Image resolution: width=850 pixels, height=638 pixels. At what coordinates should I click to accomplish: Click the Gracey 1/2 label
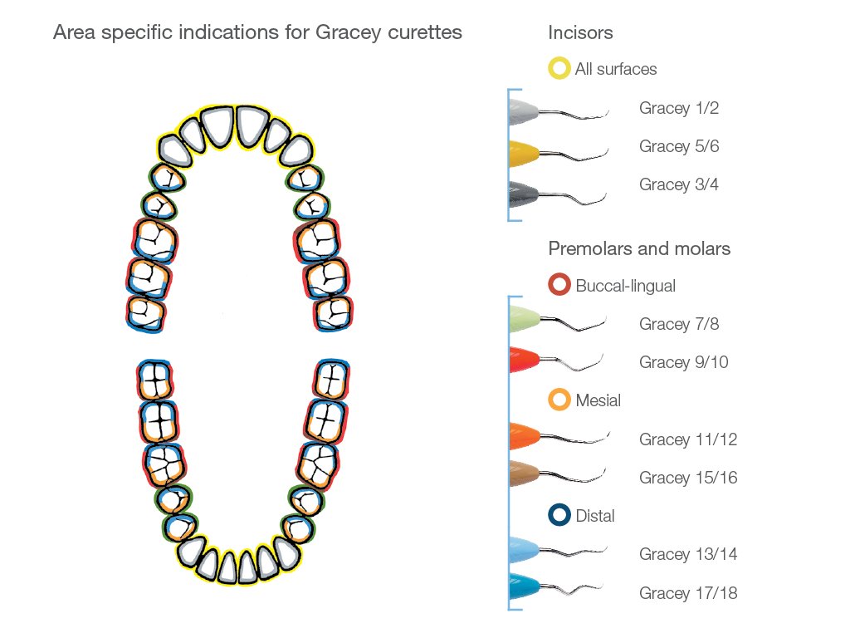678,108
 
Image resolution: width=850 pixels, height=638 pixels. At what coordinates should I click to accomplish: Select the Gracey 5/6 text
678,146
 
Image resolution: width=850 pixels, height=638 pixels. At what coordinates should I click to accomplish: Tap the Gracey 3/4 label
678,184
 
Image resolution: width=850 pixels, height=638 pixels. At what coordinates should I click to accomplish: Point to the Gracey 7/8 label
678,324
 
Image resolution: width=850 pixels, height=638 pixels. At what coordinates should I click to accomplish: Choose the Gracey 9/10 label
682,362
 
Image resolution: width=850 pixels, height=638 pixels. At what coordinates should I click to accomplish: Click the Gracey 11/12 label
687,439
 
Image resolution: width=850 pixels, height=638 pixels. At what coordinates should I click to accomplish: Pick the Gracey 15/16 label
687,478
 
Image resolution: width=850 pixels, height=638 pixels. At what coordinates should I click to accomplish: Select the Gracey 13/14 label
687,554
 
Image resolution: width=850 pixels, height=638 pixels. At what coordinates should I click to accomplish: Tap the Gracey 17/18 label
687,593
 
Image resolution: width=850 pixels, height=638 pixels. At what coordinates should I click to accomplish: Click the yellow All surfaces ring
559,69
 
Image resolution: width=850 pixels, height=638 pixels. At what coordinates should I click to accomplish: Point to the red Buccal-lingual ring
559,285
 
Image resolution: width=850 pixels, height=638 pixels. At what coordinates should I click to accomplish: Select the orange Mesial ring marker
559,400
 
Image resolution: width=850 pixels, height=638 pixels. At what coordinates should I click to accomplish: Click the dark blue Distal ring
559,516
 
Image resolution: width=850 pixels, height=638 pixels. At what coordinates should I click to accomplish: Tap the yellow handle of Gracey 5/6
523,151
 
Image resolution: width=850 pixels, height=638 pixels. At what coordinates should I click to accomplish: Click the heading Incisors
580,33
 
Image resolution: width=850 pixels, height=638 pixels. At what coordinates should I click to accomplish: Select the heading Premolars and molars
639,248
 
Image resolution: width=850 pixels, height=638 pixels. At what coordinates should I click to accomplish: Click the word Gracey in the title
345,33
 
